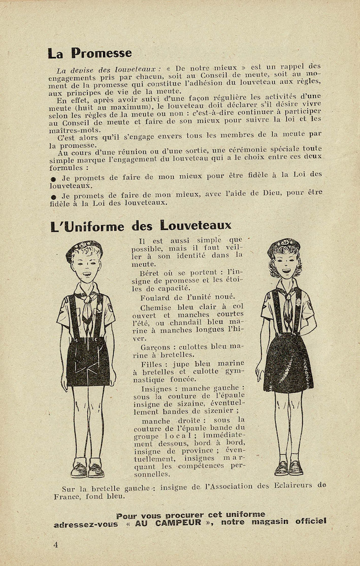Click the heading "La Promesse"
(89, 53)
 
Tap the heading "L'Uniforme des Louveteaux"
(141, 226)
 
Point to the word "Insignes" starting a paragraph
(154, 389)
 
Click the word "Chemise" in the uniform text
(156, 307)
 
